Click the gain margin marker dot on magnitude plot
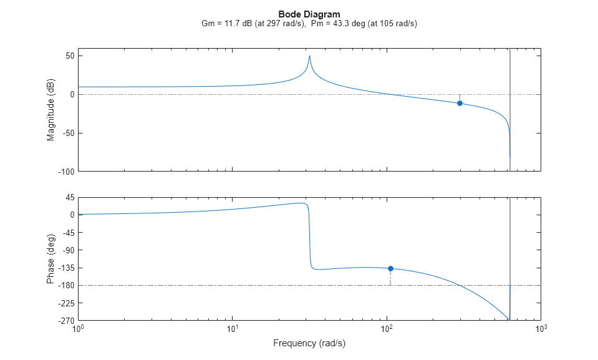[460, 103]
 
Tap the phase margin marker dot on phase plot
[390, 268]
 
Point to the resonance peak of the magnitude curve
[309, 56]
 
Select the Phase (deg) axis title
[51, 259]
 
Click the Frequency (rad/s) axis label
[309, 343]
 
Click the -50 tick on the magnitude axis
[66, 133]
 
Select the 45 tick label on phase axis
[69, 198]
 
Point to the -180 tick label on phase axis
[65, 286]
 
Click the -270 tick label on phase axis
[65, 321]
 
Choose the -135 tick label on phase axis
[65, 268]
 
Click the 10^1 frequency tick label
[233, 329]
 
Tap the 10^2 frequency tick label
[387, 329]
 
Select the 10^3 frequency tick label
[541, 329]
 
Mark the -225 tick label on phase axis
[65, 303]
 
